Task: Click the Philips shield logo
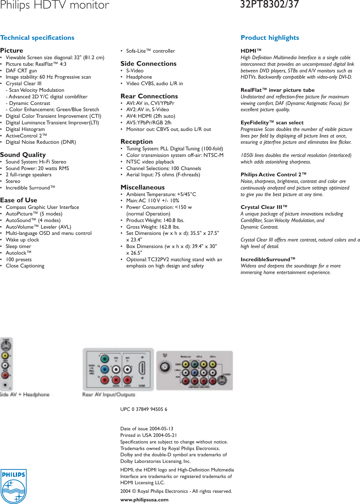13,486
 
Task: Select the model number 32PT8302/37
269,4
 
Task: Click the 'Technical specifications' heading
37,38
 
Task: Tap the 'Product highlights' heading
270,38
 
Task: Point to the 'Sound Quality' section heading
23,155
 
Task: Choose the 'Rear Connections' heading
149,96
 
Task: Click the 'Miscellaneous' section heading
142,187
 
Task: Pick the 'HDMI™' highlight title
251,51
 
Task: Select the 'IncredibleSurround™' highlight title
268,259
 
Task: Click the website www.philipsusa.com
144,499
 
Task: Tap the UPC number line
144,409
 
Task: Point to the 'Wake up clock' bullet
22,240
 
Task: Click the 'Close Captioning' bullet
25,266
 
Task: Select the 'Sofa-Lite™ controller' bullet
151,51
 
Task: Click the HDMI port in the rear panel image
142,368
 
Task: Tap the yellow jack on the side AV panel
5,356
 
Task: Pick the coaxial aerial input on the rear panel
165,367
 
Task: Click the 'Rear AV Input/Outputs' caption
108,394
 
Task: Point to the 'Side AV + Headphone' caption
25,394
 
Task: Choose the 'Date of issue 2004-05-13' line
147,429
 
